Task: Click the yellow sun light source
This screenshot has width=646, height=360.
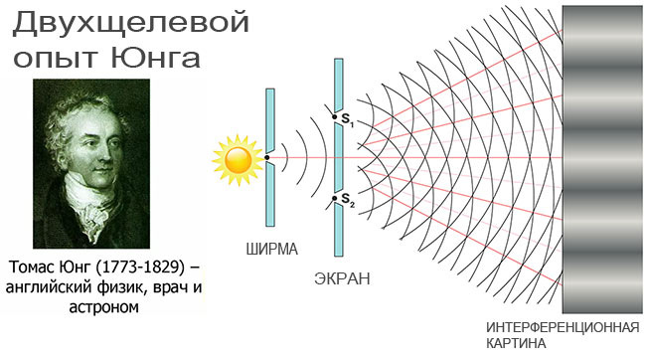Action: [239, 158]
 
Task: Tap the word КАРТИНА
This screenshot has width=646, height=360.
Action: [516, 343]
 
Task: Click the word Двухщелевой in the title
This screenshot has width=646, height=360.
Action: [129, 22]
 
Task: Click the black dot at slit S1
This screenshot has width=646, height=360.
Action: [336, 115]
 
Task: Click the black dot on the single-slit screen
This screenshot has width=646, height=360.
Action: [267, 157]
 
